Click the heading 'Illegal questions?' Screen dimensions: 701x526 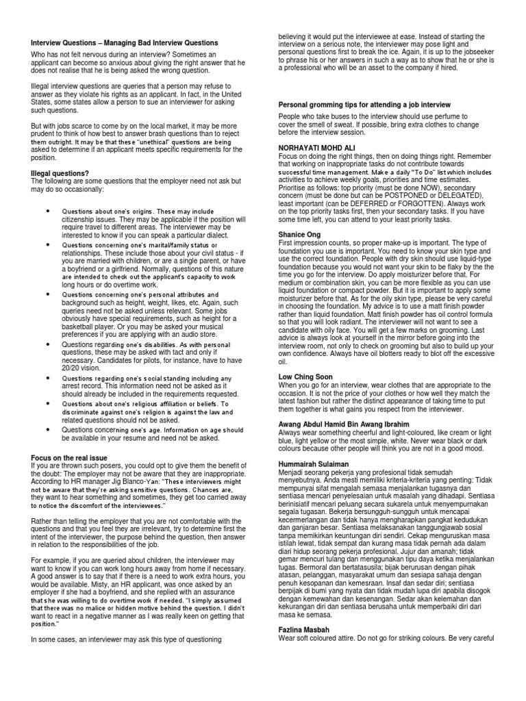click(60, 173)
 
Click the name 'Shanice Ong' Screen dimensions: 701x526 click(299, 235)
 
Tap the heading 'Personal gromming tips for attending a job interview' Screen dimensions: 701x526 click(364, 104)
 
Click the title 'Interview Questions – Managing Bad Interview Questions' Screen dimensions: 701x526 click(125, 43)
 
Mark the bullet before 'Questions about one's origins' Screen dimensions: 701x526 click(49, 211)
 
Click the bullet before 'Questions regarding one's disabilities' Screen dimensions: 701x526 click(49, 345)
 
